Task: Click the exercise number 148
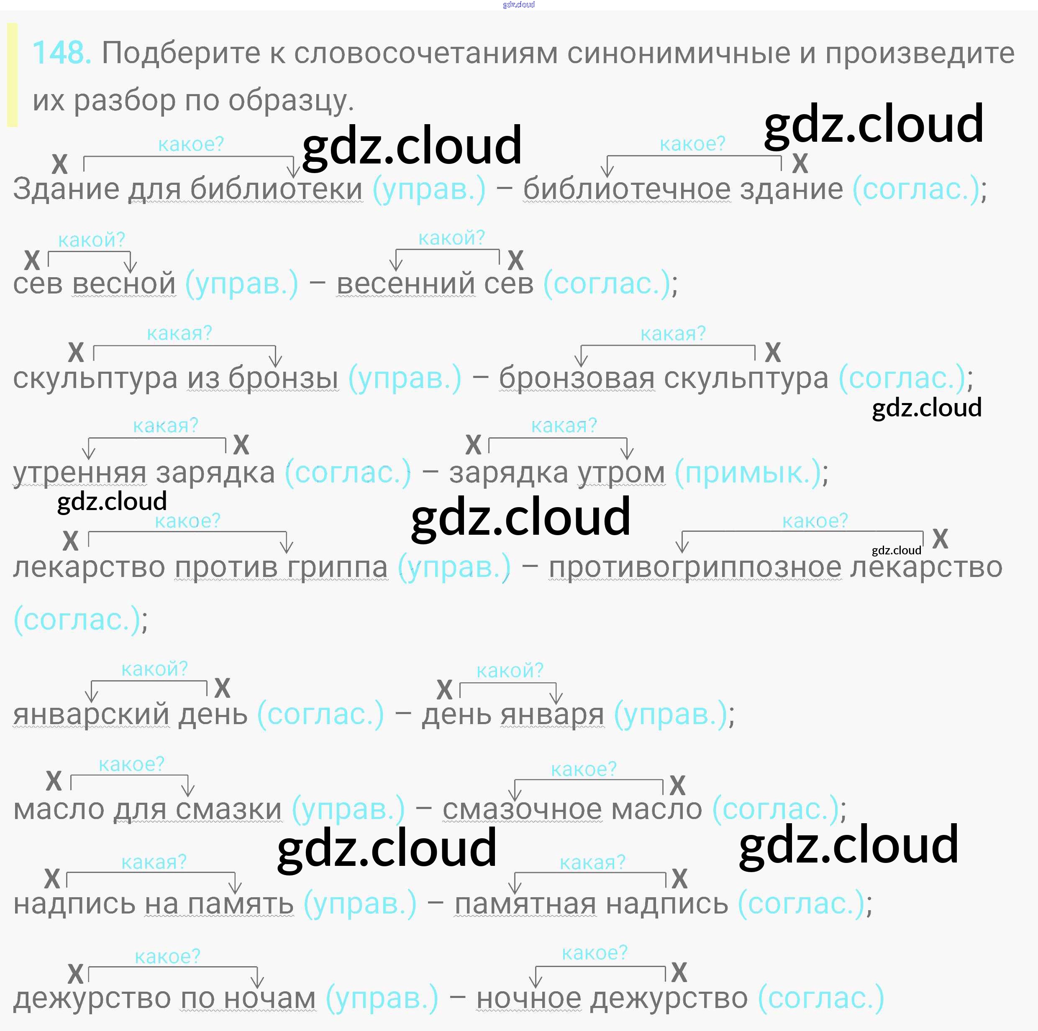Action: pyautogui.click(x=61, y=53)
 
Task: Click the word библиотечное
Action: pyautogui.click(x=626, y=189)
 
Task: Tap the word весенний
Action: pyautogui.click(x=406, y=283)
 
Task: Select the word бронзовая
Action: pyautogui.click(x=577, y=378)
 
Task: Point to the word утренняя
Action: pyautogui.click(x=79, y=472)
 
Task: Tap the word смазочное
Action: pyautogui.click(x=522, y=809)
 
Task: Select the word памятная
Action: pyautogui.click(x=525, y=904)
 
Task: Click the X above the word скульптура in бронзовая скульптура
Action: pyautogui.click(x=773, y=353)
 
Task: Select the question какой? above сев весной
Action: pyautogui.click(x=91, y=240)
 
